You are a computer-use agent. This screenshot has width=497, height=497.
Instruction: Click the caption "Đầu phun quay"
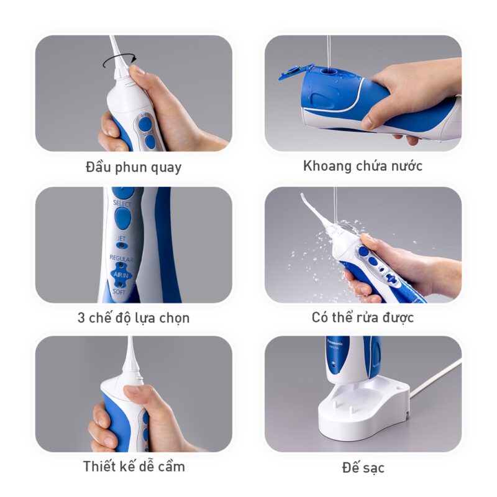(134, 167)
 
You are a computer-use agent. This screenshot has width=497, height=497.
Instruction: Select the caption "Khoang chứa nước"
(363, 166)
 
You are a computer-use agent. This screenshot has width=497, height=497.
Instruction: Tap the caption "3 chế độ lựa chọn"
(134, 317)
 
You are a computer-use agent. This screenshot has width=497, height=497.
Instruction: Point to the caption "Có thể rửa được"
(363, 317)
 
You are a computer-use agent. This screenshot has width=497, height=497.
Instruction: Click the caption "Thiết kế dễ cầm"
(134, 467)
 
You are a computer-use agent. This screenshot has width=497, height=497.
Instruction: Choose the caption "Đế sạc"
(363, 468)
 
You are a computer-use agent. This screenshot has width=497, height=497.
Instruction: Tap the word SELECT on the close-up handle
(122, 203)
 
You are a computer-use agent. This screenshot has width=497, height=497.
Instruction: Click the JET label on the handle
(121, 239)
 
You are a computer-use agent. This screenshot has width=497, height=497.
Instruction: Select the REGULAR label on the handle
(121, 258)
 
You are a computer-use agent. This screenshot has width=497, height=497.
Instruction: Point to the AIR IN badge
(121, 275)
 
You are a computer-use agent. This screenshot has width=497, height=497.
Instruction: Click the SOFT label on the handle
(119, 291)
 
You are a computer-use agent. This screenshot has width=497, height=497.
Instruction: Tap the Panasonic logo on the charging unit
(337, 344)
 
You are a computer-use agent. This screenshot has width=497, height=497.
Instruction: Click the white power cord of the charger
(435, 378)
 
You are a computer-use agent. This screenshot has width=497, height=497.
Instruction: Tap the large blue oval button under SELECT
(122, 219)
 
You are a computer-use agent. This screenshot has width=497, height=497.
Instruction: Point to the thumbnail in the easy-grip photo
(132, 391)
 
